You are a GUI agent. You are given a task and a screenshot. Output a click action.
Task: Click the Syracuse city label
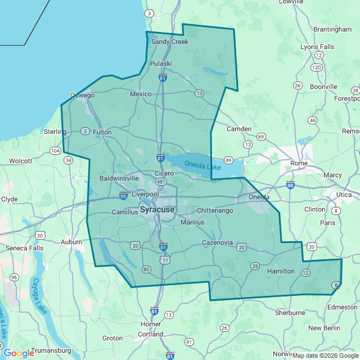(x=157, y=210)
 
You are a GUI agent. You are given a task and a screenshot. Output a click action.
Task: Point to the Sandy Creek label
(x=170, y=42)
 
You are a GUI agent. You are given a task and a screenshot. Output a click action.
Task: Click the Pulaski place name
(x=161, y=64)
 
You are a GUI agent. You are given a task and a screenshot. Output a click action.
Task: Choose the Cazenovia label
(x=217, y=242)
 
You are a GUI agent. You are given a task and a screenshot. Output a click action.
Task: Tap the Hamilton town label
(x=281, y=271)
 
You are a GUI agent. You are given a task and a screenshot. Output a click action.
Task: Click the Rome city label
(x=299, y=163)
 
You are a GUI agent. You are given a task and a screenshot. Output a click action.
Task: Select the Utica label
(x=344, y=194)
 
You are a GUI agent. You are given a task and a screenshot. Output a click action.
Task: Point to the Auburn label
(x=71, y=242)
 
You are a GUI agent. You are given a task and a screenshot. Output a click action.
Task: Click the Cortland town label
(x=150, y=334)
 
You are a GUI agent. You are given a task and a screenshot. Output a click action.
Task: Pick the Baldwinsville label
(x=119, y=178)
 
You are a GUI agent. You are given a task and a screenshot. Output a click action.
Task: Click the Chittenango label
(x=215, y=210)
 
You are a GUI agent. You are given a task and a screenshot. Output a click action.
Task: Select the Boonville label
(x=323, y=87)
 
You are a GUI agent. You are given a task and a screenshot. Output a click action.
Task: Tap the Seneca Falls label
(x=24, y=248)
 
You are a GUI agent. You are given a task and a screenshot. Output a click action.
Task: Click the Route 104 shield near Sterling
(x=55, y=151)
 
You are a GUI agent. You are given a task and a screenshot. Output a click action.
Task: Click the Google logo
(x=19, y=353)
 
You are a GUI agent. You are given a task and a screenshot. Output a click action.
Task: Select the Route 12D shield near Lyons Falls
(x=317, y=67)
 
